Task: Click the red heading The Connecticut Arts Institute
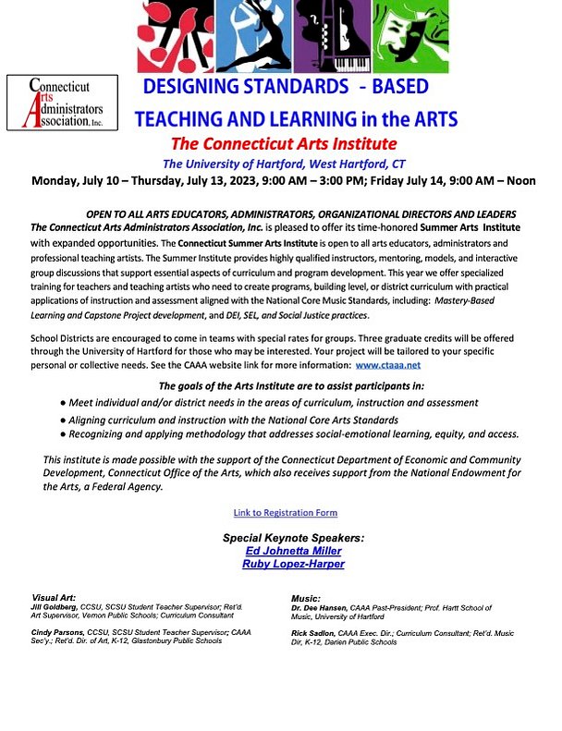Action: pyautogui.click(x=284, y=144)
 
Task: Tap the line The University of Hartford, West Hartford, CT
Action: pyautogui.click(x=284, y=164)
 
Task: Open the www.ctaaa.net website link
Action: pyautogui.click(x=395, y=366)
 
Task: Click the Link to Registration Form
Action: pyautogui.click(x=285, y=512)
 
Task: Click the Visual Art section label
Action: pyautogui.click(x=55, y=598)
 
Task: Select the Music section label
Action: pyautogui.click(x=305, y=599)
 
